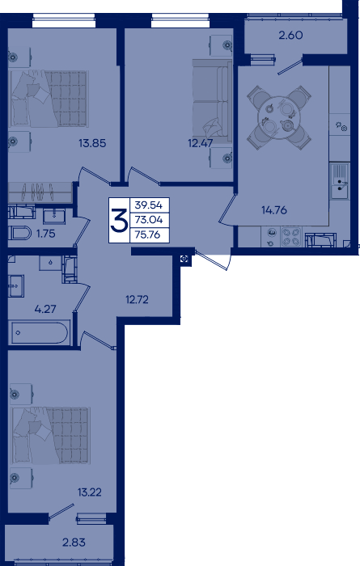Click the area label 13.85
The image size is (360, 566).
[x=92, y=143]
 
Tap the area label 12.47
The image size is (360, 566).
[x=200, y=143]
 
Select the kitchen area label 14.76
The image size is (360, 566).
[x=274, y=209]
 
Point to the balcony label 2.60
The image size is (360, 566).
[x=290, y=36]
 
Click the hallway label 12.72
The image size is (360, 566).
[x=137, y=300]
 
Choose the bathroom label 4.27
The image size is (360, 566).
[x=45, y=309]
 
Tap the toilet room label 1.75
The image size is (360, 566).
[x=46, y=234]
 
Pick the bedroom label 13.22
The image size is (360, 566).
[x=90, y=492]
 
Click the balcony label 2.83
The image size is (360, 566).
[x=74, y=543]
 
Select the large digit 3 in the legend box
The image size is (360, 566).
[x=119, y=220]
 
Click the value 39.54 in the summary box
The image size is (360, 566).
[x=148, y=205]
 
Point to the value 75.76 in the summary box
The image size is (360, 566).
[x=147, y=234]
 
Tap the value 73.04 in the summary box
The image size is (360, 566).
[x=148, y=219]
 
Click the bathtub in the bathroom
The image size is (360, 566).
[x=39, y=332]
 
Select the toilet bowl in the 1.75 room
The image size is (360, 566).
[x=20, y=233]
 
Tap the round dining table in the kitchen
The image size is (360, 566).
[x=279, y=117]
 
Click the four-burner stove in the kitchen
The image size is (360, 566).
[x=291, y=237]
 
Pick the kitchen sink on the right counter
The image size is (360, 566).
[x=340, y=181]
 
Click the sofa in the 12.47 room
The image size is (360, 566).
[x=212, y=101]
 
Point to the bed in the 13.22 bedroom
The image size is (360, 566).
[x=50, y=436]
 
